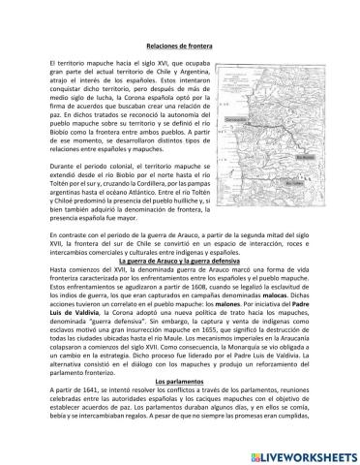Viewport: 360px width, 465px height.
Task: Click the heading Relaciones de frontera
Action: click(180, 46)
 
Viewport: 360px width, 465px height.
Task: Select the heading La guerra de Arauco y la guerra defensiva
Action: click(180, 262)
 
